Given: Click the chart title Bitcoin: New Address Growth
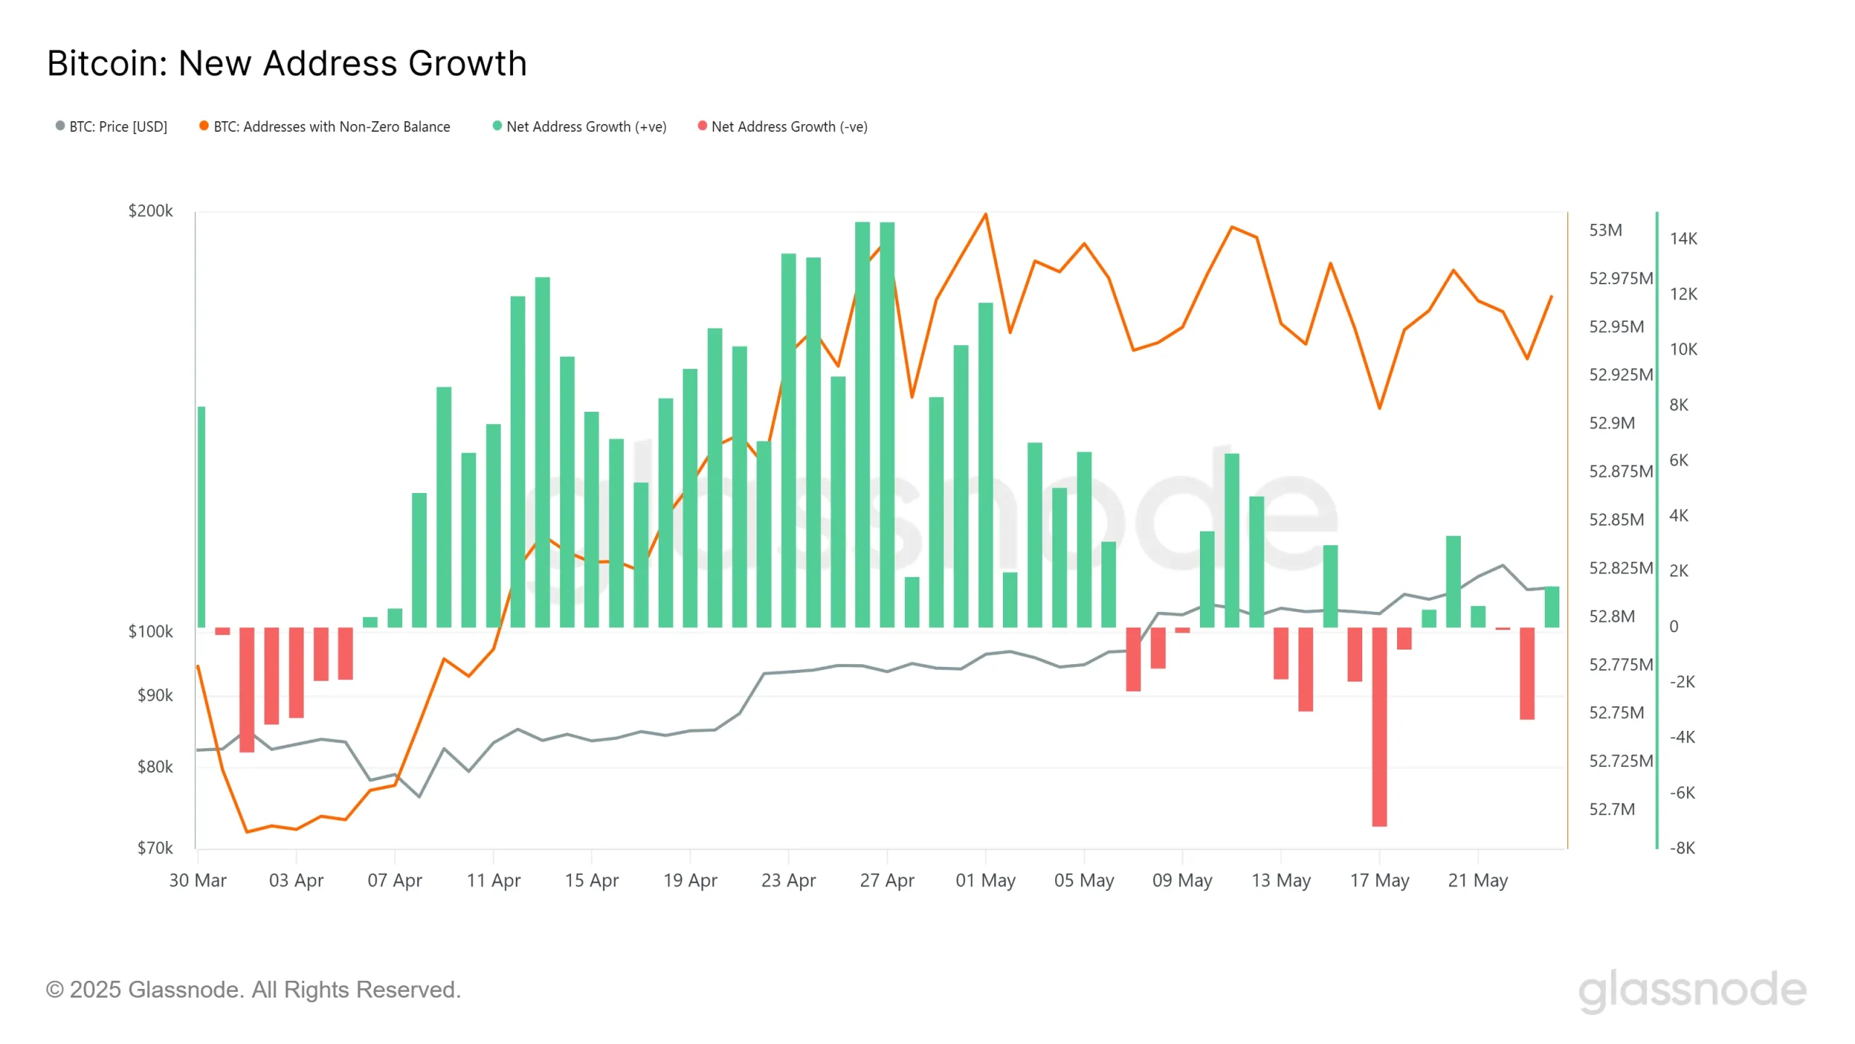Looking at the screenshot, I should [287, 64].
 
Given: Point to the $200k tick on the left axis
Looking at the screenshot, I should [151, 211].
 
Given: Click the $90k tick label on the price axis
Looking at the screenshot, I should [155, 696].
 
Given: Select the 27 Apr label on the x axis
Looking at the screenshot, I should [887, 881].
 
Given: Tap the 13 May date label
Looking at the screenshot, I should [1280, 881].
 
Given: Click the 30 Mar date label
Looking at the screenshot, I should [198, 881].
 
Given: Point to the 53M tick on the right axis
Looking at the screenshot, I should [1605, 231].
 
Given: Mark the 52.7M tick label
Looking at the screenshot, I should [1612, 810].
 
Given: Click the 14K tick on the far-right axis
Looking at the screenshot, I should [1683, 239].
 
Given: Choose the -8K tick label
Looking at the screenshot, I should [1682, 848].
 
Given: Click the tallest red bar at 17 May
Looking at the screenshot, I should [1379, 725].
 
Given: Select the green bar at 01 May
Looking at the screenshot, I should [985, 464].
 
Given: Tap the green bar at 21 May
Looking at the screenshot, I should [1477, 617].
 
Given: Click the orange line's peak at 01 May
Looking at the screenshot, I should [985, 215].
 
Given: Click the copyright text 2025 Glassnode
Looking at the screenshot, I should [254, 990].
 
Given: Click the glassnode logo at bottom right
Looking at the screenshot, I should [1692, 990].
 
